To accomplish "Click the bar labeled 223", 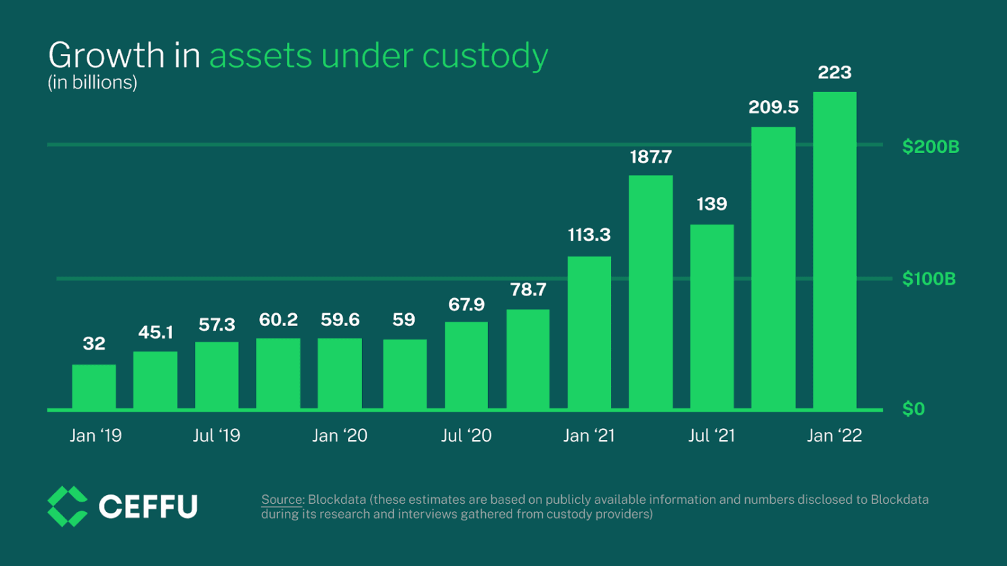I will tap(834, 250).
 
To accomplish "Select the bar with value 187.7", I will tap(650, 292).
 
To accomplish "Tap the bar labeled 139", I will tap(712, 316).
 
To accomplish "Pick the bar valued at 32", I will tap(94, 386).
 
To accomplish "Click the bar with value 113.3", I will tap(589, 333).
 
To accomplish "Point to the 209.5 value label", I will tap(773, 108).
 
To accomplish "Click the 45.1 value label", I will tap(156, 333).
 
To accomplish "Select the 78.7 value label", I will tap(528, 290).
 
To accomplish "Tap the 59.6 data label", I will tap(340, 320).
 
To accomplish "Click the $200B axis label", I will tap(931, 147).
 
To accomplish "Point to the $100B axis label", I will tap(928, 279).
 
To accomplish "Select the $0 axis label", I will tap(913, 409).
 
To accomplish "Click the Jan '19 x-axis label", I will tap(95, 435).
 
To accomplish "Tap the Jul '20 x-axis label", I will tap(466, 435).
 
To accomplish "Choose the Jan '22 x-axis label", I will tap(834, 435).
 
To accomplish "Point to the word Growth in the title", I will tap(106, 55).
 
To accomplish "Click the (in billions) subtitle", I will tap(92, 82).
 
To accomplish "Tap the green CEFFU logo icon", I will tap(67, 506).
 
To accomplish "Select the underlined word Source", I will tap(282, 500).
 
